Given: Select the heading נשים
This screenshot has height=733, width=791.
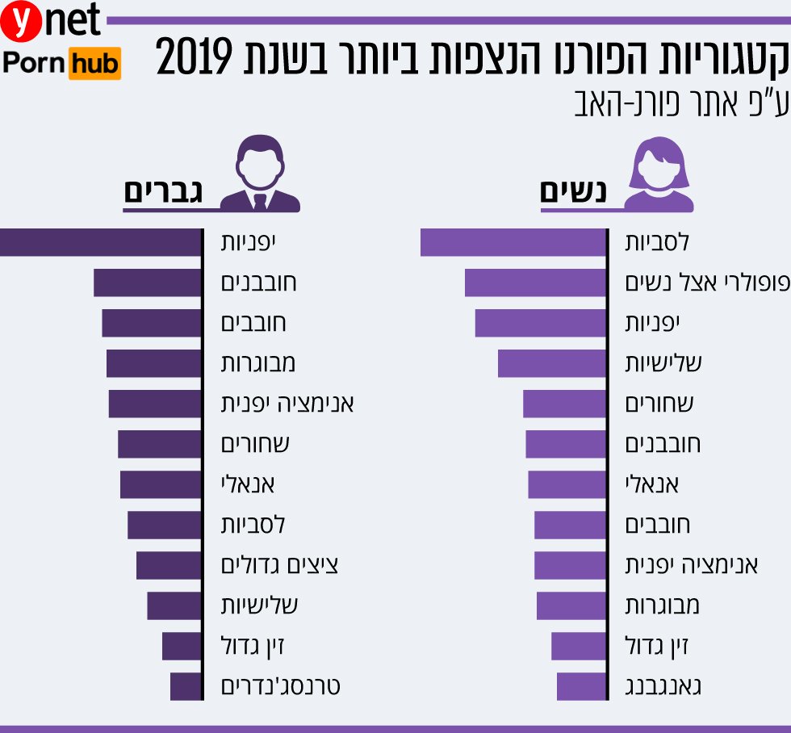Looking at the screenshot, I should click(x=574, y=192).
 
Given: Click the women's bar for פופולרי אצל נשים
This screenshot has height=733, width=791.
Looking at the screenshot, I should click(x=535, y=283).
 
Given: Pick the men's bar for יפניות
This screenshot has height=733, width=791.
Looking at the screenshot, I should click(x=99, y=242).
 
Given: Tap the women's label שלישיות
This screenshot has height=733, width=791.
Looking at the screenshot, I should click(x=664, y=363).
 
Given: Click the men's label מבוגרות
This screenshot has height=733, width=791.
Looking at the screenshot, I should click(x=258, y=363).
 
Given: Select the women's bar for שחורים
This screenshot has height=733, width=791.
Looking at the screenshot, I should click(x=564, y=404).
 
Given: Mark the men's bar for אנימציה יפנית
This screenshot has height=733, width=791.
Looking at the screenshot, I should click(x=154, y=404).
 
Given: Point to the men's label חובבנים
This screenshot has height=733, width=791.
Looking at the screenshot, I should click(x=259, y=283).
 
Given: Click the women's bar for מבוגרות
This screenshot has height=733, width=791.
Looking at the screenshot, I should click(x=571, y=605).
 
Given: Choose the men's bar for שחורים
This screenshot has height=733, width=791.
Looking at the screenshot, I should click(x=159, y=444).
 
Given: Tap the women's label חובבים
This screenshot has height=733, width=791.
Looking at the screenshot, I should click(x=658, y=525).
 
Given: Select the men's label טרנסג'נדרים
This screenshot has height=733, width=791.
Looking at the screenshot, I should click(x=281, y=686).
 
